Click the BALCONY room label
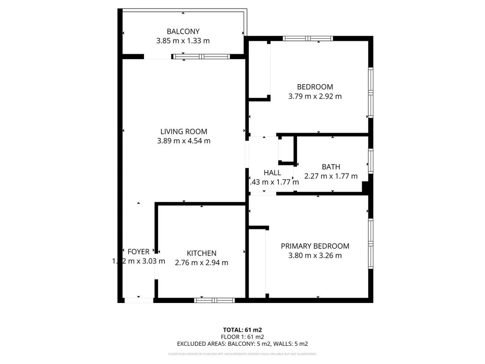[183, 31]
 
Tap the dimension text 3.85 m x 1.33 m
[183, 41]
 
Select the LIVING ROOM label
[183, 131]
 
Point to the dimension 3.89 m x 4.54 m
[183, 141]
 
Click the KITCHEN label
[201, 253]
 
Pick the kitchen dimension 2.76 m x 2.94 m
[201, 262]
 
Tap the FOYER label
[138, 251]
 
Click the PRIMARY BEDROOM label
[315, 246]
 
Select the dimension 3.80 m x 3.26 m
[315, 256]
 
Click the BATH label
[331, 167]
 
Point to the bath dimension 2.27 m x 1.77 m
[331, 176]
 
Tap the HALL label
[272, 173]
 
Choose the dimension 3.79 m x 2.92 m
[315, 96]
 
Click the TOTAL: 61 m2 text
[242, 330]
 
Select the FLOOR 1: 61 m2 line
[242, 336]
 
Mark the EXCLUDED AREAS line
[242, 344]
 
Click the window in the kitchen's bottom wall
[214, 300]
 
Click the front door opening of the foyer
[139, 300]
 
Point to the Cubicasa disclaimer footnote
[242, 354]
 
